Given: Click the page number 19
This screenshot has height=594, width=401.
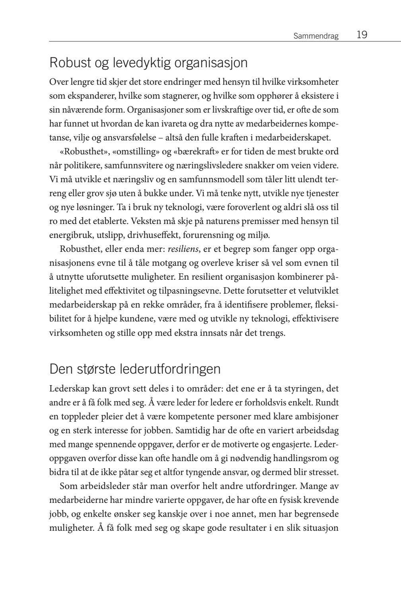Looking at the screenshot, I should point(362,35).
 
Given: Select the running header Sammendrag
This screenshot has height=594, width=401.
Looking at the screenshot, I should point(316,36).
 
